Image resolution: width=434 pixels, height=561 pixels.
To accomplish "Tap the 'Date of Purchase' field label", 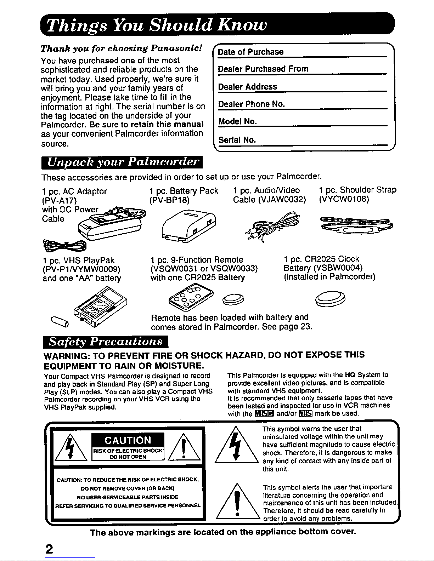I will (250, 52).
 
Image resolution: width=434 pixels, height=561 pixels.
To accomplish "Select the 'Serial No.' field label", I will (237, 140).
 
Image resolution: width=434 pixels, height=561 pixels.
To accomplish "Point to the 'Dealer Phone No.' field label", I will (252, 104).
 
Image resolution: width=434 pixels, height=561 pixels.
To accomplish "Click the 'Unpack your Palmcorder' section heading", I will (122, 163).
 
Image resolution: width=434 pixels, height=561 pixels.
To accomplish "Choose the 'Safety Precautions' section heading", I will (105, 342).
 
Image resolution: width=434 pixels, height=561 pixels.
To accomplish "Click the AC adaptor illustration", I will (110, 223).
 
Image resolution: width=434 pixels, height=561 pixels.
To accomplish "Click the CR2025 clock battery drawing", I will (329, 297).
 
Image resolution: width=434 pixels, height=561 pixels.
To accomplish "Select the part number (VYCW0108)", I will (344, 200).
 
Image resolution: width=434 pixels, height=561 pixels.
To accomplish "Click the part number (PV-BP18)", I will (170, 200).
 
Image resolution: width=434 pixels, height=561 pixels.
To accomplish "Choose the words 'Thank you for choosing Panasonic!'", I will (122, 48).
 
